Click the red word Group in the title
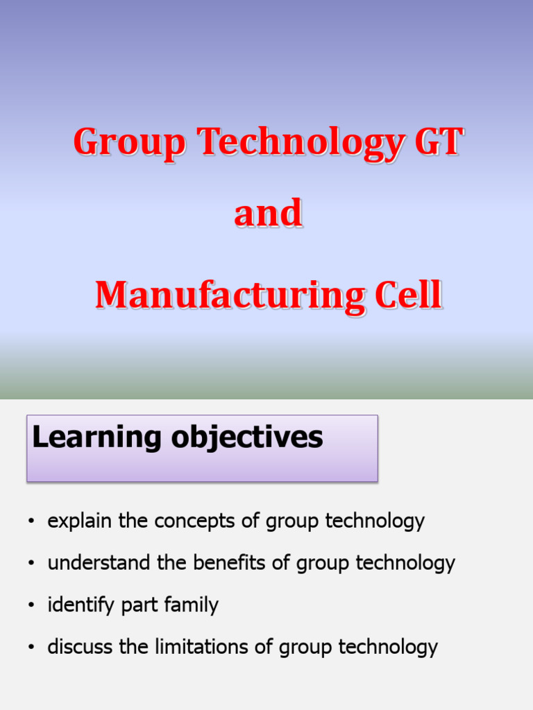[x=130, y=144]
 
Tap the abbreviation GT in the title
[x=437, y=142]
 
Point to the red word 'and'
[x=268, y=214]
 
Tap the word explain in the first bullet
[x=80, y=521]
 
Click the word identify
[x=81, y=605]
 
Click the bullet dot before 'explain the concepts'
[x=31, y=522]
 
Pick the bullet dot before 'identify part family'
[x=31, y=606]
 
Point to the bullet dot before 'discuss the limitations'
[x=31, y=648]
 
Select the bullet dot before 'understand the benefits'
[x=31, y=564]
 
